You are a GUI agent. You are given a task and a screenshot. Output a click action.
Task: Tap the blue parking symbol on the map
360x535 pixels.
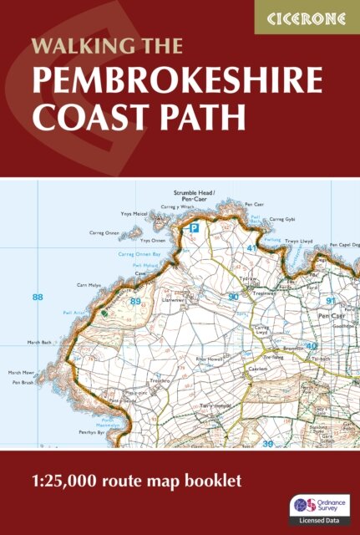[194, 227]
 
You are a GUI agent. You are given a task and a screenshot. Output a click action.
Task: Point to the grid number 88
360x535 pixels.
[37, 297]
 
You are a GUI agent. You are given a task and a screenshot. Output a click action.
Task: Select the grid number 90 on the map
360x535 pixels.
[234, 297]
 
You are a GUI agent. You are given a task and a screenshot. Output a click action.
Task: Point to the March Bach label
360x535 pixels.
[40, 341]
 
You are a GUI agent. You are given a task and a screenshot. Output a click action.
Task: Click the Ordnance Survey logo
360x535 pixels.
[304, 504]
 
